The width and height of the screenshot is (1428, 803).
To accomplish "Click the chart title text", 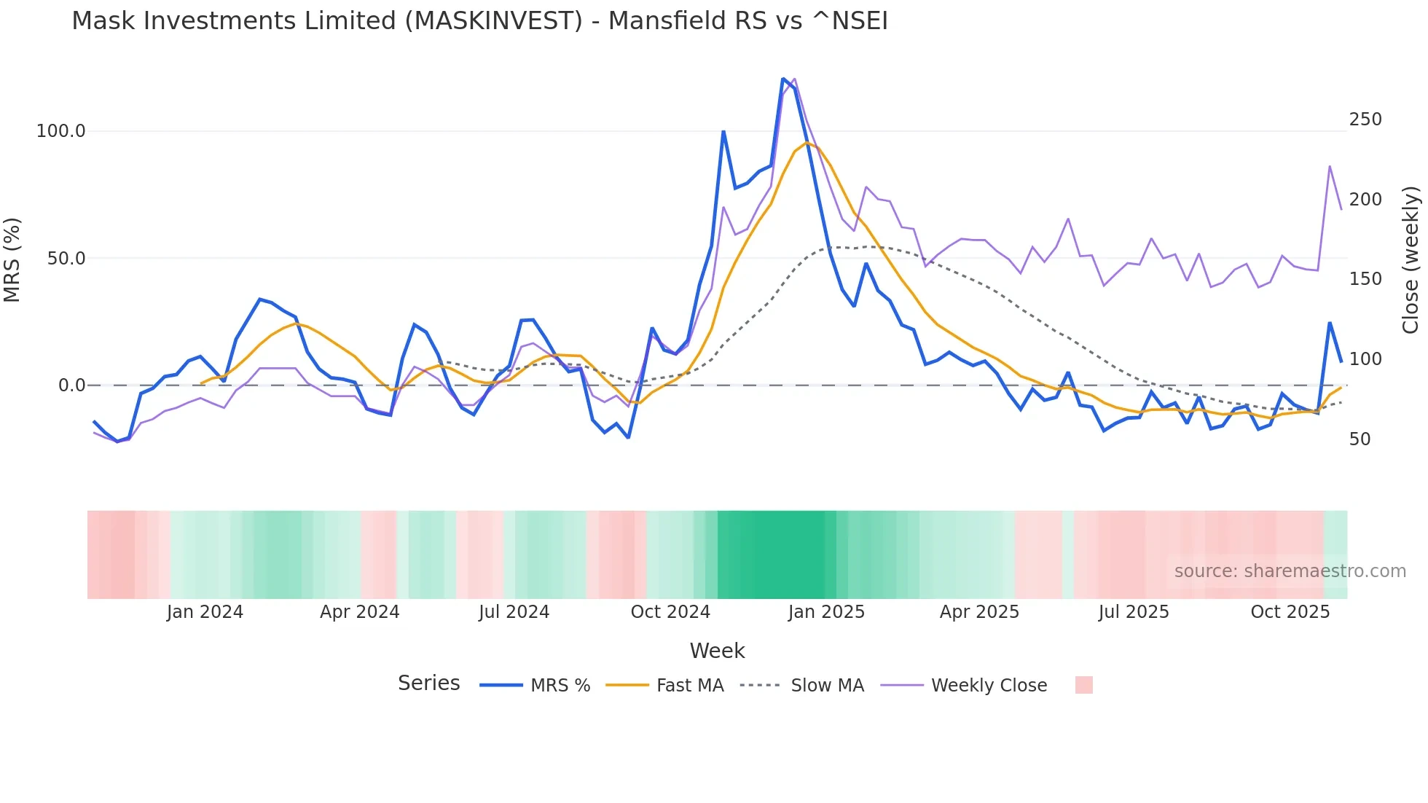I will pyautogui.click(x=479, y=21).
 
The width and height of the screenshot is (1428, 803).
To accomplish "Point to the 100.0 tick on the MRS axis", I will pyautogui.click(x=60, y=131).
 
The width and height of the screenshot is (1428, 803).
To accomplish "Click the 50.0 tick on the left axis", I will pyautogui.click(x=66, y=259).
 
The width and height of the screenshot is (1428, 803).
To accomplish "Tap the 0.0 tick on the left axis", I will pyautogui.click(x=71, y=385).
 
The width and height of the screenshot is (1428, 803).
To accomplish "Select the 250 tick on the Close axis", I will pyautogui.click(x=1365, y=120).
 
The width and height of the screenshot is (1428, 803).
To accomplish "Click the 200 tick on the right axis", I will pyautogui.click(x=1365, y=200).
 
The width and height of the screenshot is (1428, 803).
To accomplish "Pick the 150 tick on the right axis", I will pyautogui.click(x=1365, y=279).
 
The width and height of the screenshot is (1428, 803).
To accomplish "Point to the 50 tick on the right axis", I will pyautogui.click(x=1360, y=439).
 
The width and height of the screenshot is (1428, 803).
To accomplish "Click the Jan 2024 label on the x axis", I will pyautogui.click(x=205, y=612).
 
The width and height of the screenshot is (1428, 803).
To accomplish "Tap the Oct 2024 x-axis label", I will pyautogui.click(x=670, y=612).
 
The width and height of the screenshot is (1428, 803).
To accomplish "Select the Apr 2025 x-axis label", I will pyautogui.click(x=979, y=612).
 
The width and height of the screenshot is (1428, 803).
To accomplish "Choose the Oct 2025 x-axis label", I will pyautogui.click(x=1290, y=612).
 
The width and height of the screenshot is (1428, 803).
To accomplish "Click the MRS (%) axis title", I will pyautogui.click(x=12, y=259).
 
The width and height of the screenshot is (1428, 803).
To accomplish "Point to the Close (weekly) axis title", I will pyautogui.click(x=1411, y=259).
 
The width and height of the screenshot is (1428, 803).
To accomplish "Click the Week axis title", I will pyautogui.click(x=717, y=651).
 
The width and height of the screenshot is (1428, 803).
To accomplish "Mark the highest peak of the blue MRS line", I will pyautogui.click(x=783, y=79).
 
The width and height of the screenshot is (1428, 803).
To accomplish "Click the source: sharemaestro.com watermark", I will pyautogui.click(x=1290, y=571).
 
